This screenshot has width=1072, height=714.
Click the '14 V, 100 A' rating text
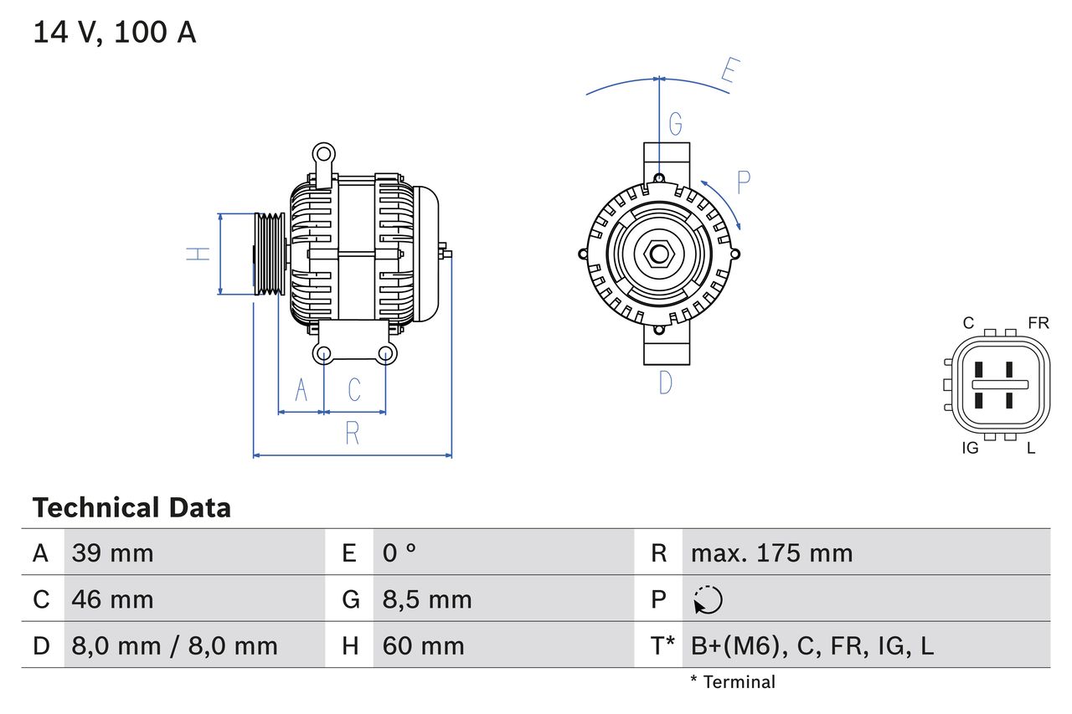pyautogui.click(x=115, y=32)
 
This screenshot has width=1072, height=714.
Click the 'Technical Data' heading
pyautogui.click(x=131, y=508)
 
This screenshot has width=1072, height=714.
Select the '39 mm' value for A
pyautogui.click(x=112, y=552)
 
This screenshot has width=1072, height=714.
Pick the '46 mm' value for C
pyautogui.click(x=112, y=599)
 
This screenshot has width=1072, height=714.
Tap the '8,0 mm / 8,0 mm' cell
pyautogui.click(x=174, y=645)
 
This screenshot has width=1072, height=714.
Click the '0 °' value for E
pyautogui.click(x=399, y=552)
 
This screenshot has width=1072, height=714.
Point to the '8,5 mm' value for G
pyautogui.click(x=427, y=599)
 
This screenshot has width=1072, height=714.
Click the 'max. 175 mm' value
pyautogui.click(x=771, y=552)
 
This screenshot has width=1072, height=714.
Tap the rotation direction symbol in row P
pyautogui.click(x=708, y=600)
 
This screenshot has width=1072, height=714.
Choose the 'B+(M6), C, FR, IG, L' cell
pyautogui.click(x=812, y=645)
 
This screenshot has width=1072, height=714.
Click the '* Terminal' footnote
pyautogui.click(x=733, y=682)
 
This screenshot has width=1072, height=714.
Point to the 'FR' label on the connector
pyautogui.click(x=1038, y=323)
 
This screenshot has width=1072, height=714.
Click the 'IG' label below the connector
pyautogui.click(x=970, y=449)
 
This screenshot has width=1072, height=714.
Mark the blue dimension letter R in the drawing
pyautogui.click(x=353, y=434)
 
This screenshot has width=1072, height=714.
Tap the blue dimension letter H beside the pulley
pyautogui.click(x=198, y=254)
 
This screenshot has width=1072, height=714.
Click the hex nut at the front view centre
pyautogui.click(x=659, y=254)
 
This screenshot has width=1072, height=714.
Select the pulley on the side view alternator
pyautogui.click(x=270, y=254)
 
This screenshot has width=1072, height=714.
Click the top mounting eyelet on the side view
pyautogui.click(x=322, y=154)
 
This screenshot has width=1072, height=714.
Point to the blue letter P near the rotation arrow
pyautogui.click(x=743, y=182)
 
